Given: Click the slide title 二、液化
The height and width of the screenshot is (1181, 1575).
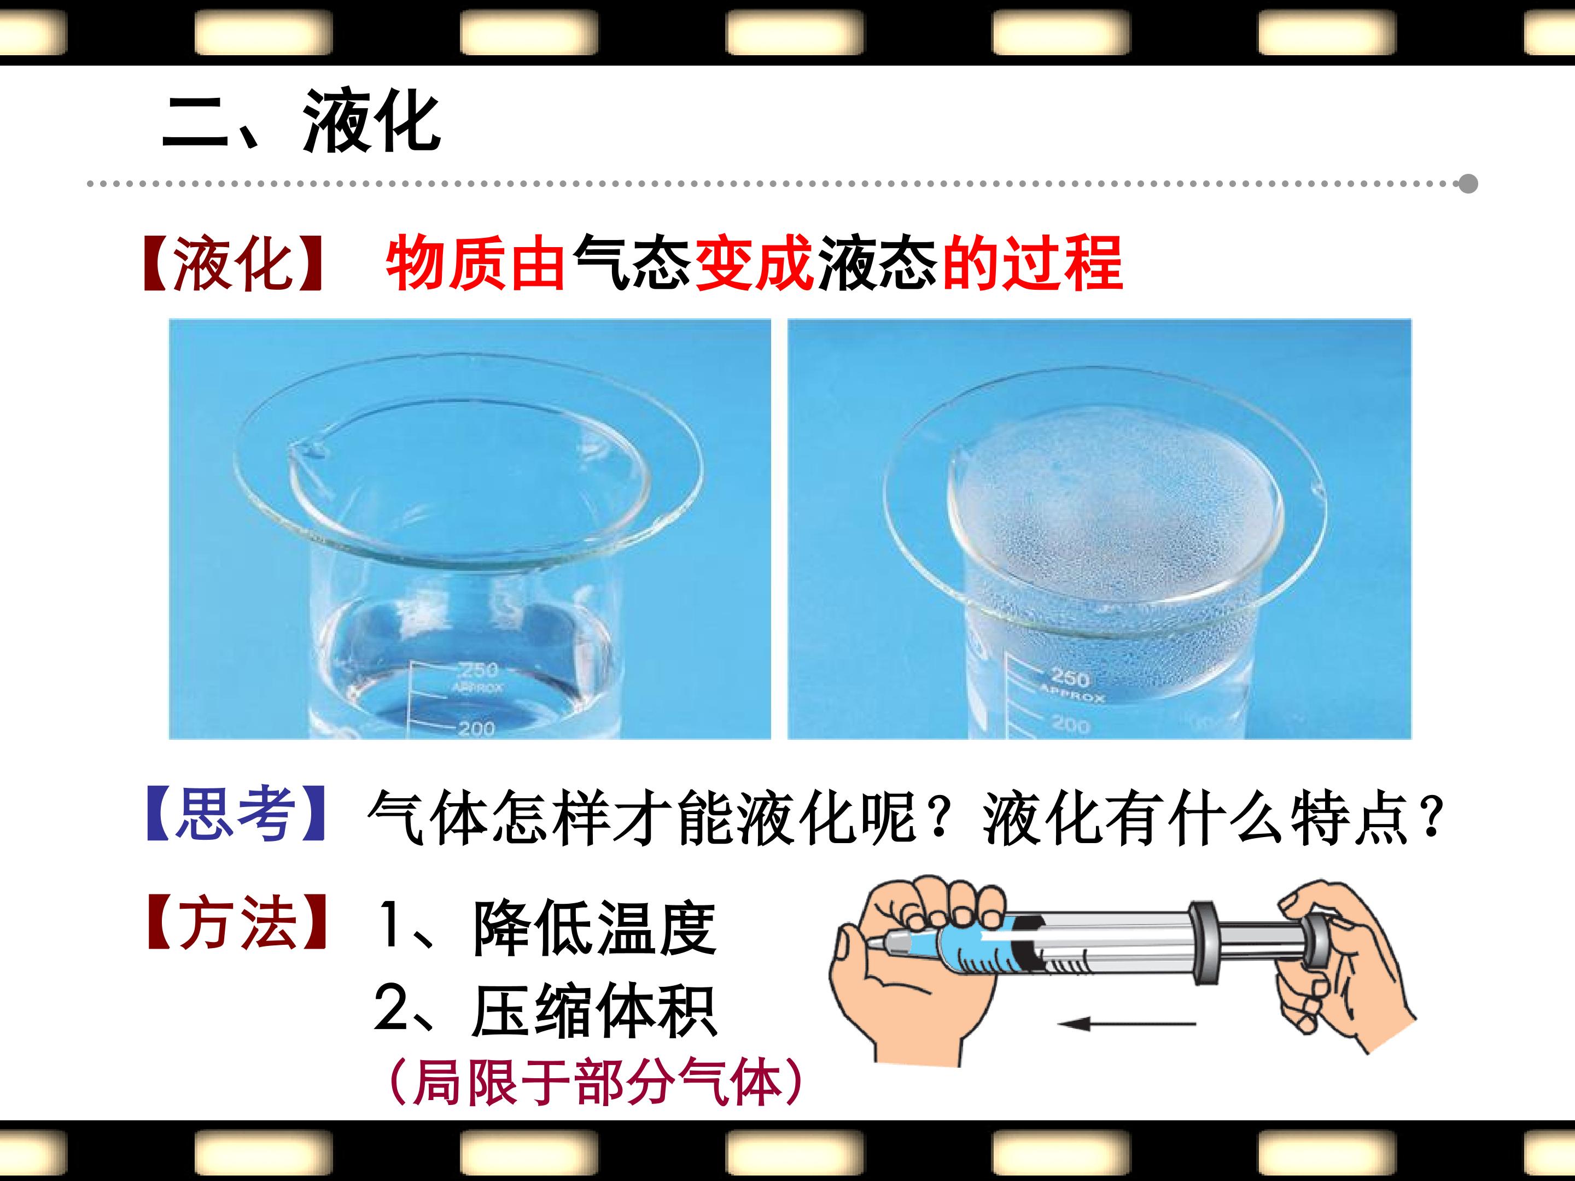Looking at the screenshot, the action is (301, 122).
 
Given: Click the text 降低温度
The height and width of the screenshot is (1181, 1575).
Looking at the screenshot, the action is (594, 927).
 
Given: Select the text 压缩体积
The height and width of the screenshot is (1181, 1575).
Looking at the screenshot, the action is (594, 1011).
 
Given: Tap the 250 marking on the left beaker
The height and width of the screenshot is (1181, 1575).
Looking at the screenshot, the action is (479, 670).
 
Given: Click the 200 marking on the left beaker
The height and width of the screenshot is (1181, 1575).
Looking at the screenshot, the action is (476, 728).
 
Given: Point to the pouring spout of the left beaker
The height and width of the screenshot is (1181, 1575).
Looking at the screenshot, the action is (307, 450).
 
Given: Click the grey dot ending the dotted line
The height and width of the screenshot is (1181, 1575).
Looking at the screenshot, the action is (1467, 184).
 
